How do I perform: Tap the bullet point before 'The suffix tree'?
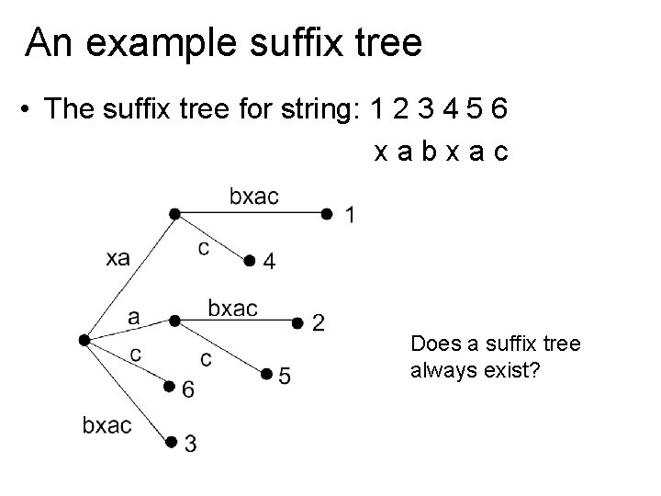click(30, 111)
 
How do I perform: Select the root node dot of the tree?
click(84, 340)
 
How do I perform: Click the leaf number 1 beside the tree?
click(350, 216)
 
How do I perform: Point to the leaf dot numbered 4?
click(249, 262)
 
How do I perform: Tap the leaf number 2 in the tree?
click(318, 322)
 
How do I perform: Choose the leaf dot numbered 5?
click(265, 374)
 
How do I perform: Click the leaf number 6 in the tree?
click(188, 390)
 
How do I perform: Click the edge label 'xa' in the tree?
click(118, 259)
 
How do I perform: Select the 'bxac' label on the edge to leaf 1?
click(253, 196)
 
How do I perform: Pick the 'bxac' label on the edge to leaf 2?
click(232, 309)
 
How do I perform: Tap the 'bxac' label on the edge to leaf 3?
click(106, 424)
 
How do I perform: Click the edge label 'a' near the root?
click(134, 317)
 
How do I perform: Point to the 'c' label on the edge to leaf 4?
click(203, 248)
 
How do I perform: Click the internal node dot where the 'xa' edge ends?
click(174, 214)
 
